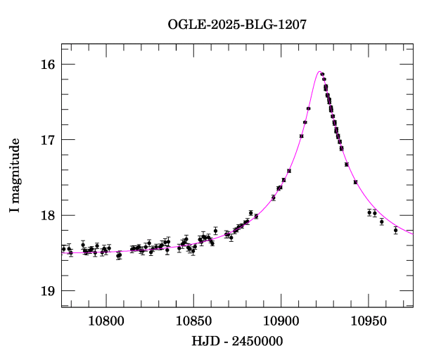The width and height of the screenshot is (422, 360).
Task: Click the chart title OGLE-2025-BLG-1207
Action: pyautogui.click(x=237, y=25)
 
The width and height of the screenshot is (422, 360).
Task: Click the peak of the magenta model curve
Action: pyautogui.click(x=320, y=72)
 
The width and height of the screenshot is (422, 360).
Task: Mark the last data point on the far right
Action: pyautogui.click(x=395, y=230)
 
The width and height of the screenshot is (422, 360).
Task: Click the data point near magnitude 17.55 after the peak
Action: pyautogui.click(x=355, y=182)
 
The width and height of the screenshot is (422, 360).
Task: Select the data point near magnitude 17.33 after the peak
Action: pyautogui.click(x=347, y=165)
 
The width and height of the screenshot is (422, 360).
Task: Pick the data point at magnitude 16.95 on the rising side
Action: pyautogui.click(x=301, y=136)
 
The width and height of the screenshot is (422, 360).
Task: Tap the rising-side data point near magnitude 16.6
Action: pyautogui.click(x=308, y=108)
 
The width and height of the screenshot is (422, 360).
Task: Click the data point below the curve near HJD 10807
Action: pyautogui.click(x=119, y=256)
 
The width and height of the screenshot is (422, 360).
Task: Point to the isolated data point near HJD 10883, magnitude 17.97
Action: pyautogui.click(x=250, y=212)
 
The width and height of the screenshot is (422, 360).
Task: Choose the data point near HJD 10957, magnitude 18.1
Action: pyautogui.click(x=382, y=221)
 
